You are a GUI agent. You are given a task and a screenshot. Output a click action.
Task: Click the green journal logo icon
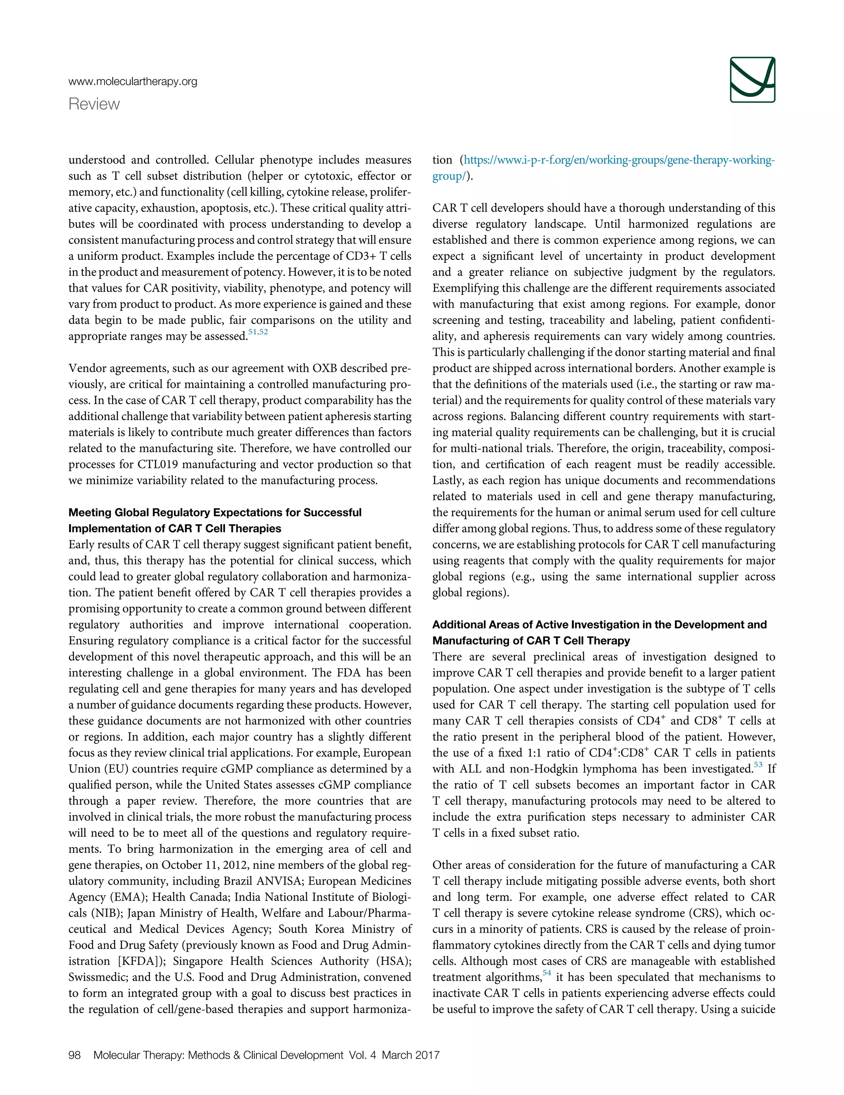[752, 80]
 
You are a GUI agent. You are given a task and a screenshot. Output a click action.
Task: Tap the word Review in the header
[94, 104]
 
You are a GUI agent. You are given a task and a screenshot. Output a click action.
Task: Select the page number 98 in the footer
[74, 1055]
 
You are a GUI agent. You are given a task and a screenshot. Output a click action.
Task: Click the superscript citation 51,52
[258, 332]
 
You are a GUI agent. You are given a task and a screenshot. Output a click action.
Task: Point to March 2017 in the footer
[410, 1055]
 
